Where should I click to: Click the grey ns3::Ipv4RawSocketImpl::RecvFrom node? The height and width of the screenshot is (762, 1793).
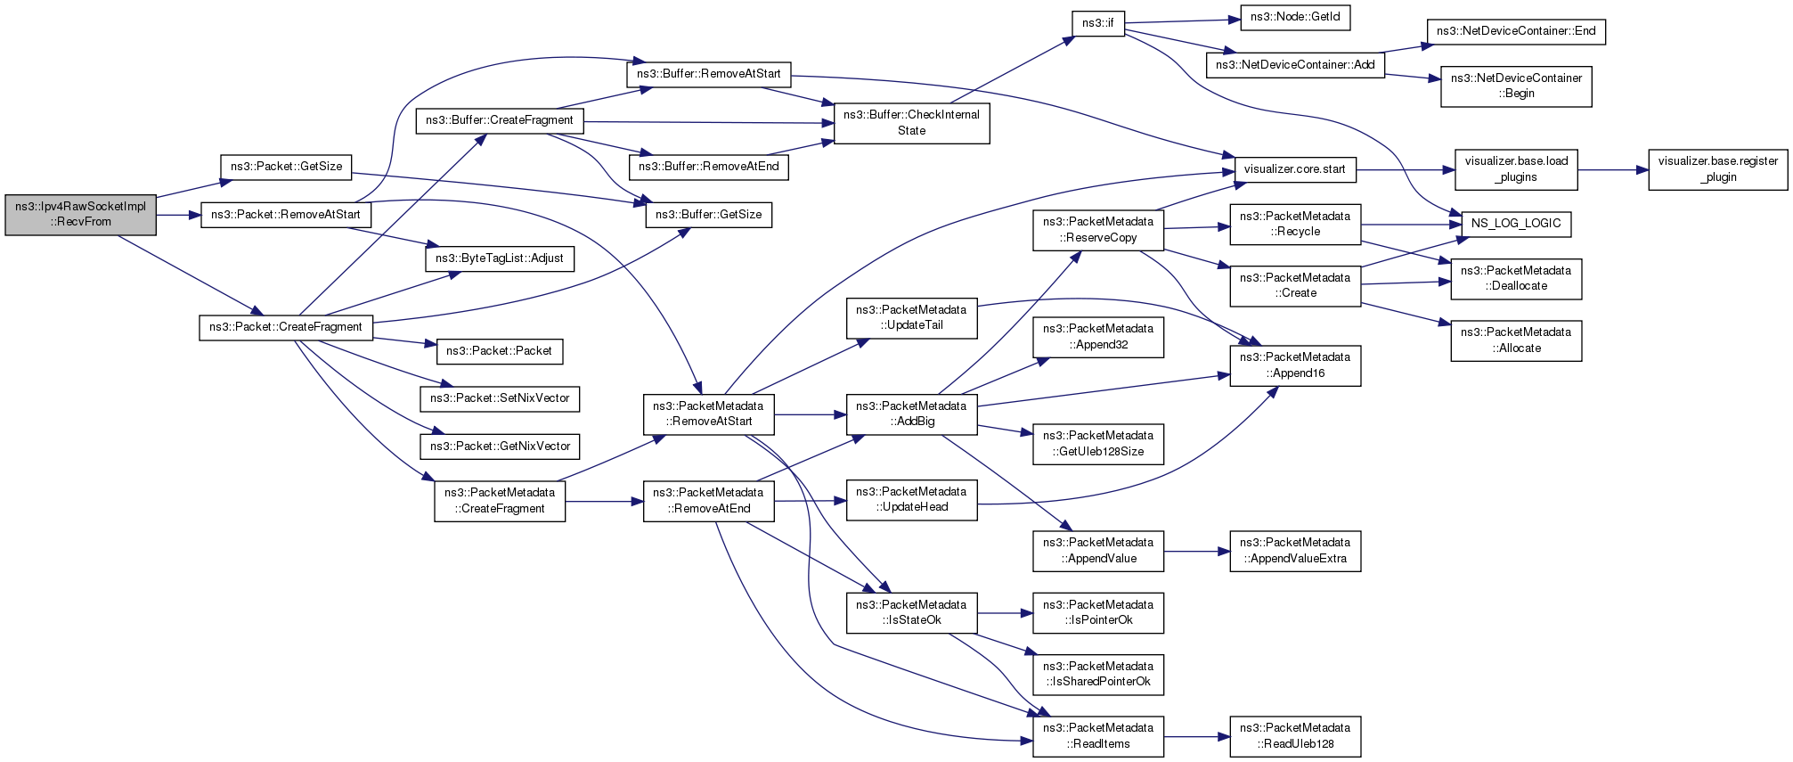coord(80,215)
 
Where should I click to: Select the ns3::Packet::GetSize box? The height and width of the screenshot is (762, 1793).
coord(286,167)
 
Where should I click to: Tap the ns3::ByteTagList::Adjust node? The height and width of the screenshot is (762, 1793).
coord(499,258)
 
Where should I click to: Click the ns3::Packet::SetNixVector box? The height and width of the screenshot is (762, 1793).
coord(500,398)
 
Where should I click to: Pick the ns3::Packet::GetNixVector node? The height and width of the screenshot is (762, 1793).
coord(500,447)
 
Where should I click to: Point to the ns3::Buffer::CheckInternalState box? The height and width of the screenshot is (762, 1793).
coord(911,123)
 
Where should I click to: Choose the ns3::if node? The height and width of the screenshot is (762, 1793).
coord(1097,23)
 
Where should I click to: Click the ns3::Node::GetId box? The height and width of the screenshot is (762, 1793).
coord(1295,17)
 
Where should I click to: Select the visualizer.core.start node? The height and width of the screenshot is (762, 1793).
coord(1295,169)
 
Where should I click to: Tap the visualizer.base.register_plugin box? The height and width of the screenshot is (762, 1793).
coord(1717,169)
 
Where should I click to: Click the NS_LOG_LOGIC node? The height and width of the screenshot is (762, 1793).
coord(1516,224)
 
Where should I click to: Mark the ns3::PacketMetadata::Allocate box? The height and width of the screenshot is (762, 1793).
coord(1516,340)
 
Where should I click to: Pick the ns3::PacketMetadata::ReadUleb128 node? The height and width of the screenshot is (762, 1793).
coord(1295,736)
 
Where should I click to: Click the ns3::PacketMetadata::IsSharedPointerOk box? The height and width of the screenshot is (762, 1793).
coord(1098,675)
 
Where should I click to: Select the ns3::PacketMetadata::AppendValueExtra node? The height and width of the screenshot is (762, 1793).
coord(1295,551)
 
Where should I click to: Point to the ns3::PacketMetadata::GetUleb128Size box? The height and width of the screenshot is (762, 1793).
coord(1098,444)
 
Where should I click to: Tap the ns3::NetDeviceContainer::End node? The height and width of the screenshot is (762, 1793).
coord(1516,31)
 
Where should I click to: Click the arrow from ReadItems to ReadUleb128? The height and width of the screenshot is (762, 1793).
coord(1197,737)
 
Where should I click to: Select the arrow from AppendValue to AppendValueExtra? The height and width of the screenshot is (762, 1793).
coord(1197,552)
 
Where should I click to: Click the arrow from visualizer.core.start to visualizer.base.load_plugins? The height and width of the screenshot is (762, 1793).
coord(1406,169)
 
